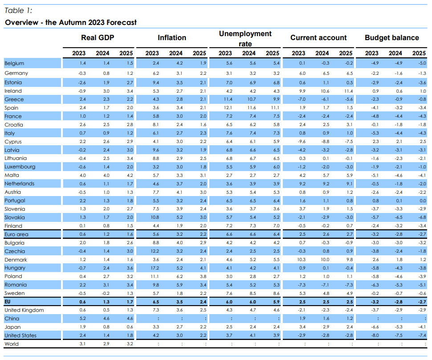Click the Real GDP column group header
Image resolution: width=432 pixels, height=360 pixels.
point(98,37)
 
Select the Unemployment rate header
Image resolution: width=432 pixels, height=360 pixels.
point(245,39)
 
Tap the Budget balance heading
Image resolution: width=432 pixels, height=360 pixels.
point(392,37)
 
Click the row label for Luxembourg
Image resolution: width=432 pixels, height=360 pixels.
point(20,167)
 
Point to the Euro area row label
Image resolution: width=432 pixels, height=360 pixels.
point(16,234)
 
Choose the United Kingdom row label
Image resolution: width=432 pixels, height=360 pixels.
point(24,310)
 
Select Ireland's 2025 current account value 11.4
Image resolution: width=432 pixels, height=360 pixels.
point(349,91)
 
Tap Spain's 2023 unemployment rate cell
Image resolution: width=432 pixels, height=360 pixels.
point(228,108)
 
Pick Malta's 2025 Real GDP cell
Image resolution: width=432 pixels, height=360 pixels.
point(130,175)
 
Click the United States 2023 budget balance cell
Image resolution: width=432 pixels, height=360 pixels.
point(375,335)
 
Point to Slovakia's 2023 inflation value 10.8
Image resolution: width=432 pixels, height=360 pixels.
point(155,217)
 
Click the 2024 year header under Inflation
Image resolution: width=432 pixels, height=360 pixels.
point(176,53)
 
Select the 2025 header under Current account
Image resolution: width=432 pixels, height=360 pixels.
point(346,53)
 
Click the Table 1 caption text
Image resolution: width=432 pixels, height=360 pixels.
point(18,11)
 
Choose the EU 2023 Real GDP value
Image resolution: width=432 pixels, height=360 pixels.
point(83,302)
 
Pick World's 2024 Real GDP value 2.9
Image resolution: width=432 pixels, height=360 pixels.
point(106,344)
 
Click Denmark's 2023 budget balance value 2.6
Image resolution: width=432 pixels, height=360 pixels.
point(375,260)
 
